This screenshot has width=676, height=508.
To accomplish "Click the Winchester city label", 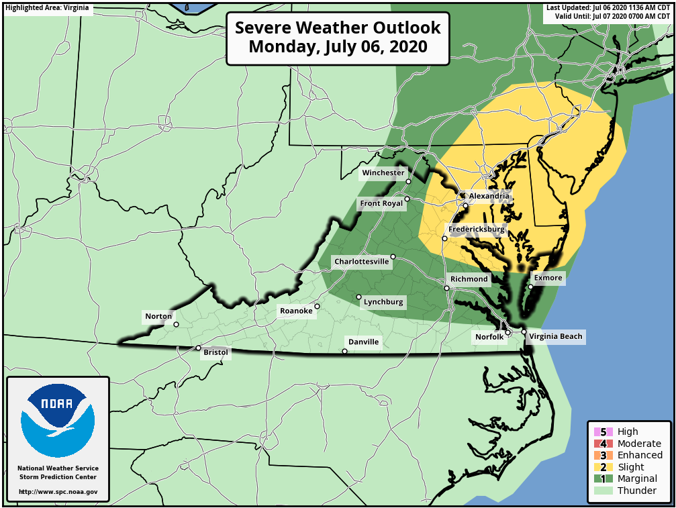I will (x=383, y=172).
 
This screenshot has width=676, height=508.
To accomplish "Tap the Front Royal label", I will (x=381, y=203).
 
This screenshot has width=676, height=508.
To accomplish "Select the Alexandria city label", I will (x=489, y=196).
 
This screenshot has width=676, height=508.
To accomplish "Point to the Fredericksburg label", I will (x=476, y=229).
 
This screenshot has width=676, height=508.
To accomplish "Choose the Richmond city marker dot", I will (x=447, y=289).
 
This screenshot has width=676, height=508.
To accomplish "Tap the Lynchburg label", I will (x=383, y=302).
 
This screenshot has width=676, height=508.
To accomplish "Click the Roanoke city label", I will (x=296, y=311).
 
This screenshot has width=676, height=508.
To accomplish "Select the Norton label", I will (x=158, y=316).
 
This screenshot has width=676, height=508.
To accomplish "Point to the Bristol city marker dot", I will (x=198, y=348).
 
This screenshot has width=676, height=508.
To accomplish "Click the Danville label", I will (x=363, y=342).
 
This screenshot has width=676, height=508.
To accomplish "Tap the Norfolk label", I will (x=489, y=337).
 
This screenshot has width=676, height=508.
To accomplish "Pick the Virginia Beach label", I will (x=556, y=336).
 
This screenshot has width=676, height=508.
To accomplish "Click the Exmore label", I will (x=548, y=277).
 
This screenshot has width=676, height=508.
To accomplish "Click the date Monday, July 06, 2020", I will (x=338, y=47).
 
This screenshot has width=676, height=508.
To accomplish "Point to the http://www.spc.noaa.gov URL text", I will (x=58, y=492).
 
